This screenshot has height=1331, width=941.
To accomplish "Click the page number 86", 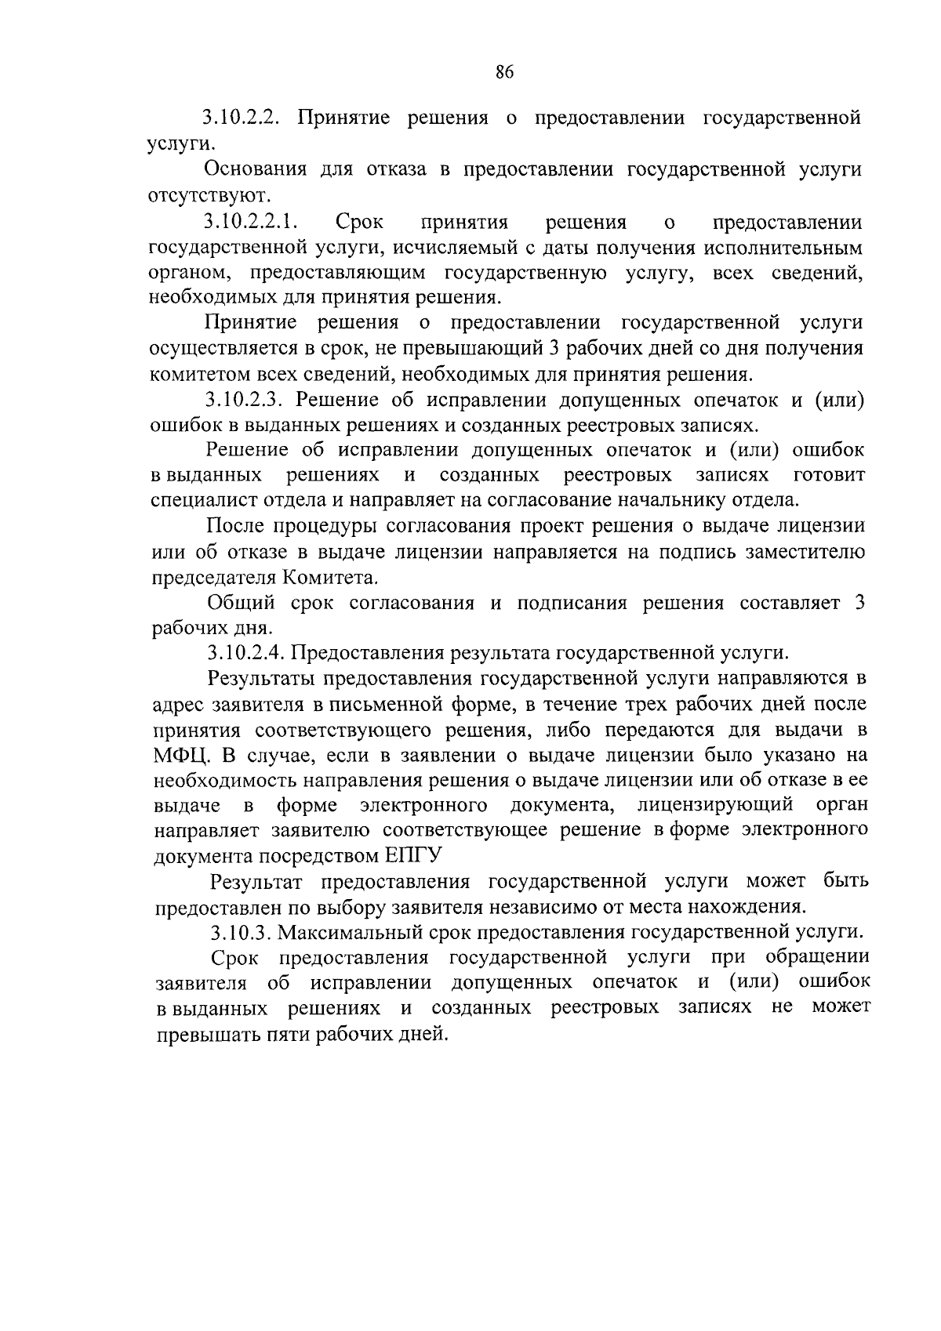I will click(x=504, y=73).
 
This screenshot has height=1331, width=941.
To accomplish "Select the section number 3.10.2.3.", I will click(x=248, y=400).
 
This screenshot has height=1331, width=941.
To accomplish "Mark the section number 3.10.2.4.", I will click(x=248, y=652).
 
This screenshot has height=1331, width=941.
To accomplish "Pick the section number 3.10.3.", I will click(x=240, y=932).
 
